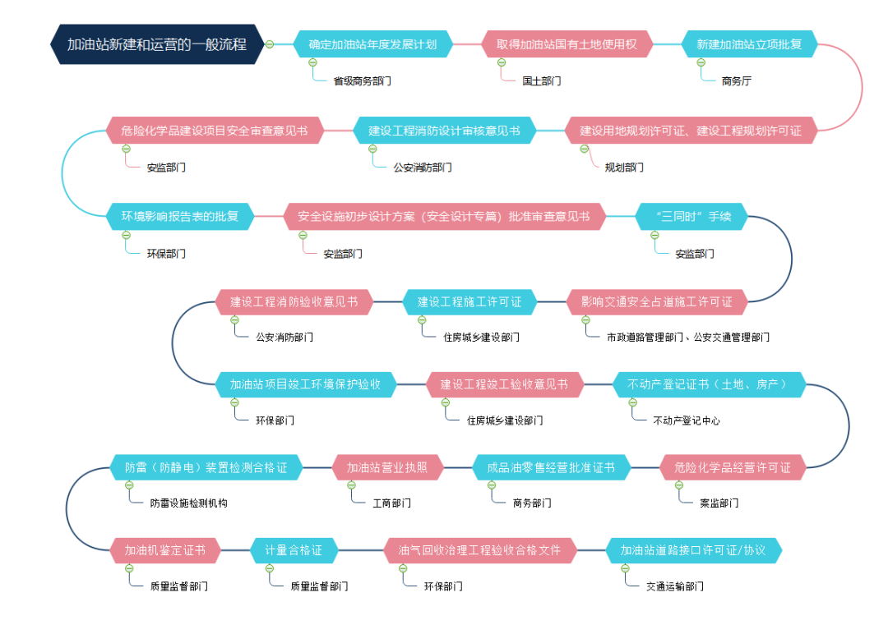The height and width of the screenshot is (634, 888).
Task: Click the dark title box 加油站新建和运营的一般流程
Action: (x=156, y=44)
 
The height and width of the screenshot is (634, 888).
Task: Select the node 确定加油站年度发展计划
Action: (x=372, y=44)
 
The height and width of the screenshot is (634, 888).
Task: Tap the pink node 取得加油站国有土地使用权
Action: (x=567, y=44)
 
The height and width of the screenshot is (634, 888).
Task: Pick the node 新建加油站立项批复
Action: (x=749, y=44)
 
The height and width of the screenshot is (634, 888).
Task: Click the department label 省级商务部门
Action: (x=362, y=81)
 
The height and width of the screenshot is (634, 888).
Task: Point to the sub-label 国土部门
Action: (x=542, y=81)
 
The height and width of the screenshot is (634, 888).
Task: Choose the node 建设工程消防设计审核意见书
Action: (x=444, y=131)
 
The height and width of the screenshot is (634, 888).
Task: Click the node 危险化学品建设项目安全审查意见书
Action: (x=214, y=131)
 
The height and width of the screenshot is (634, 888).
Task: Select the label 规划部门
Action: (x=624, y=168)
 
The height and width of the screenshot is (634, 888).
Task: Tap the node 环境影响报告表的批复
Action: (x=180, y=217)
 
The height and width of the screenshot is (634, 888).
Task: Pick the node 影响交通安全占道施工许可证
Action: (x=656, y=301)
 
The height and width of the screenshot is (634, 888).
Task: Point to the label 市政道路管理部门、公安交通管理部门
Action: (x=688, y=337)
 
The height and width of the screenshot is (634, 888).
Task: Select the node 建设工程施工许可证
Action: (x=469, y=301)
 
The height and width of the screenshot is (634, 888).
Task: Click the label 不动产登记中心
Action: (x=687, y=420)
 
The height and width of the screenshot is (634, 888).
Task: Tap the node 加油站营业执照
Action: (x=388, y=467)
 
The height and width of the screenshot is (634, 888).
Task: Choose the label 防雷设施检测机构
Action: (x=188, y=503)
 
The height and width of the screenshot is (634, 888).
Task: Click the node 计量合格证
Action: (x=294, y=550)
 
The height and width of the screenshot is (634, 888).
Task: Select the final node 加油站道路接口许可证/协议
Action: (x=692, y=550)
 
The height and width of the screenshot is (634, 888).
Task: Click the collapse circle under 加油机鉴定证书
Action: (x=130, y=568)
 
